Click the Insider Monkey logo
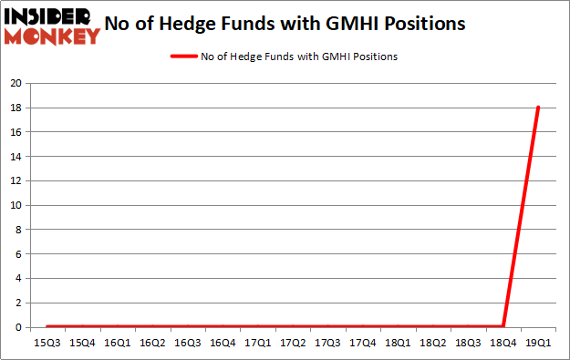click(52, 25)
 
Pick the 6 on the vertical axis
click(18, 254)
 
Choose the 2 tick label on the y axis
click(18, 303)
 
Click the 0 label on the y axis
click(18, 327)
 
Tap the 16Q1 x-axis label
click(116, 343)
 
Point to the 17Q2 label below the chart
click(292, 343)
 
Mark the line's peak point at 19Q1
click(538, 108)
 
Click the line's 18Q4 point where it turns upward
click(503, 326)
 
